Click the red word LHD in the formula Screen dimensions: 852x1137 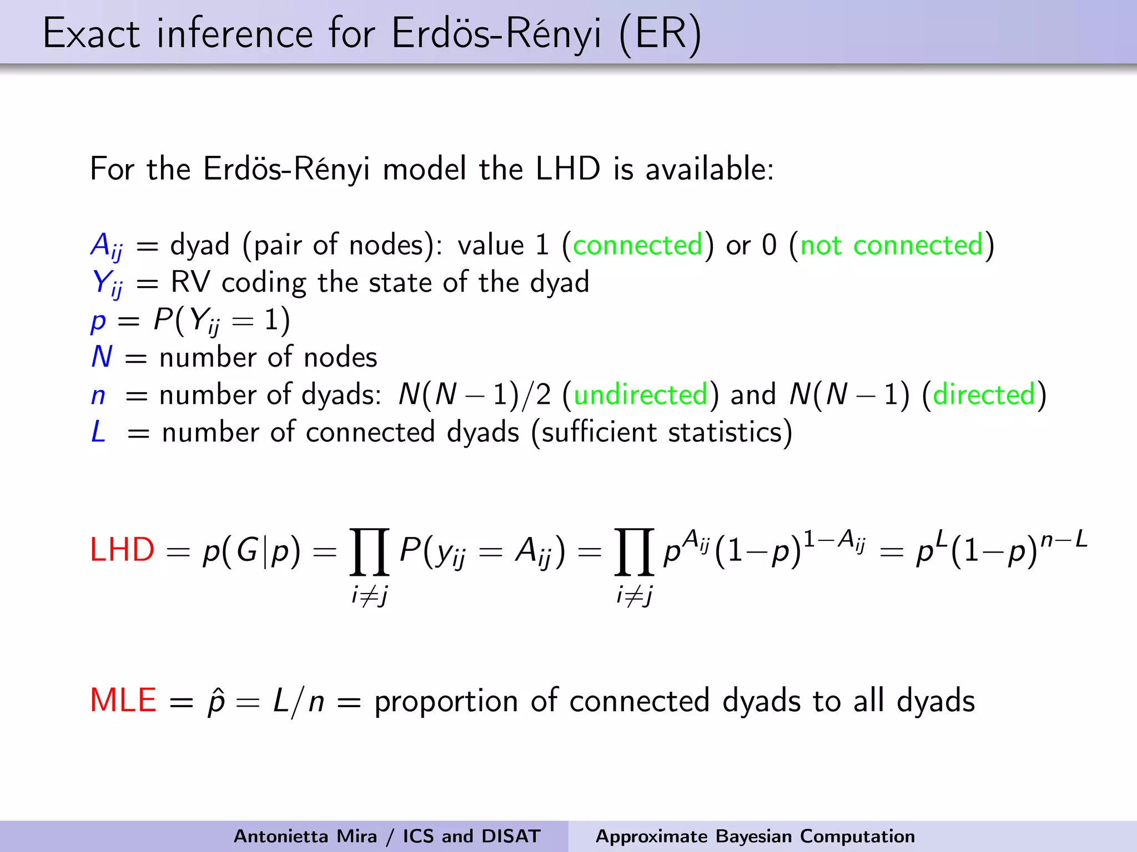tap(122, 550)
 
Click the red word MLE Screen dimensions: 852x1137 tap(123, 700)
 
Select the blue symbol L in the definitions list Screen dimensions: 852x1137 tap(98, 432)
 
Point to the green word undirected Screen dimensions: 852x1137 tap(640, 394)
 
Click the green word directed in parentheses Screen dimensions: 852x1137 tap(984, 394)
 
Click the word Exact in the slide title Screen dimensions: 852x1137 tap(92, 34)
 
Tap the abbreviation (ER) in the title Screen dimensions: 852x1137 tap(661, 34)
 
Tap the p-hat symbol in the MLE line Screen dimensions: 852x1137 tap(216, 701)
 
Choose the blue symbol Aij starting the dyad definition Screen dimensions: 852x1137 tap(107, 246)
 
